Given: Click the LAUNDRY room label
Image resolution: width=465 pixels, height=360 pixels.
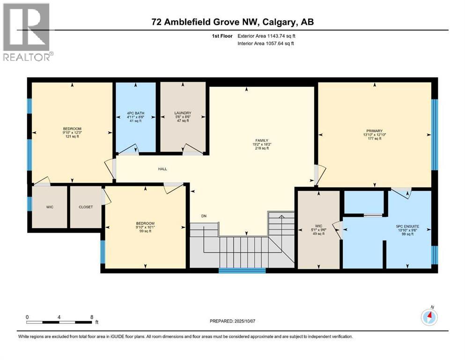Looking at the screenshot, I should pos(183,113).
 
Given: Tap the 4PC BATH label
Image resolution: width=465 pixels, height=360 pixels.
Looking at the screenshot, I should pos(135,112).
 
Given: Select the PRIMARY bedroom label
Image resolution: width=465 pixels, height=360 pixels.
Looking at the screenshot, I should pos(375,131).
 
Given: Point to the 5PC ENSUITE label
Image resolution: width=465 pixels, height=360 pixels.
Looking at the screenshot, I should pos(407,226).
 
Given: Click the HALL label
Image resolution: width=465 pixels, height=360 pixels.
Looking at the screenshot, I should pos(162,169).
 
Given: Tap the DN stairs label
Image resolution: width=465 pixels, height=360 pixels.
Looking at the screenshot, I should pos(204,216).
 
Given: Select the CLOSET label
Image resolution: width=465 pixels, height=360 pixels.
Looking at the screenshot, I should pos(85,207).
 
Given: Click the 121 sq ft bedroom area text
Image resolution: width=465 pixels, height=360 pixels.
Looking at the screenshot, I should pos(72,138).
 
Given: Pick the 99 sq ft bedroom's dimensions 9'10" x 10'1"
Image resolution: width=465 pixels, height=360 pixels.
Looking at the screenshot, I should pos(145,227).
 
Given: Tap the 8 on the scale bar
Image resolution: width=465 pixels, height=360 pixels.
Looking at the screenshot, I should pos(92,317).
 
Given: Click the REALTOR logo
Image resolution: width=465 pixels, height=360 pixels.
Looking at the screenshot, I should pos(27,33).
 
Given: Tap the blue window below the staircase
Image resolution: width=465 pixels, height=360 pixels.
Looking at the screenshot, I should pos(242,270).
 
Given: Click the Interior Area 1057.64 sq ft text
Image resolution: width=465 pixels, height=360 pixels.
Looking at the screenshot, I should pos(266,44).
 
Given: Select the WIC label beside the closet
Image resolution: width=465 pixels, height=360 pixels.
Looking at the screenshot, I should pos(50,207).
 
